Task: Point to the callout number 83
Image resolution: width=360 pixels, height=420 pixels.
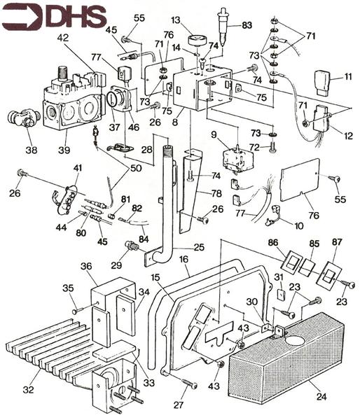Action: tap(247, 26)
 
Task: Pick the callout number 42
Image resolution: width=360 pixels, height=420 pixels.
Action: tap(63, 38)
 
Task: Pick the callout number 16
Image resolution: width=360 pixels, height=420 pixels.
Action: tap(184, 260)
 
